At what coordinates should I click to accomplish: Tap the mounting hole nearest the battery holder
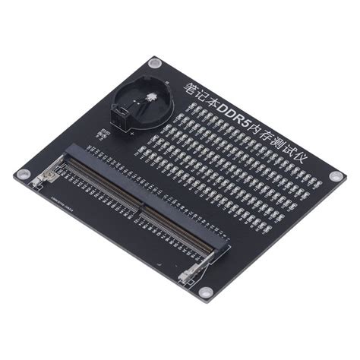[155, 62]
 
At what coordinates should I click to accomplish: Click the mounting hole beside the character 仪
[334, 175]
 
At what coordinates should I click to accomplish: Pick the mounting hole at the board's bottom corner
[203, 291]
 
